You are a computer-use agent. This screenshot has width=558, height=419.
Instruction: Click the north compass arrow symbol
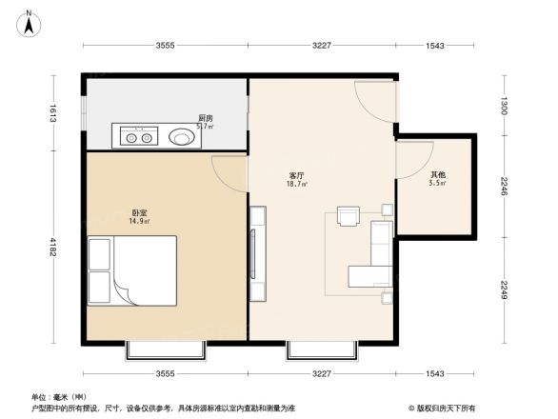pyautogui.click(x=29, y=22)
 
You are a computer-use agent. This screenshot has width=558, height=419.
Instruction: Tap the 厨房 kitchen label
pyautogui.click(x=205, y=118)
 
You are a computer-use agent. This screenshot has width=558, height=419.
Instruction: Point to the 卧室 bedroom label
pyautogui.click(x=139, y=212)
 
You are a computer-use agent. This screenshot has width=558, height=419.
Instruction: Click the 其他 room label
pyautogui.click(x=437, y=174)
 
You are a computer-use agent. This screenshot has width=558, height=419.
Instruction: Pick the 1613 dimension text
pyautogui.click(x=55, y=113)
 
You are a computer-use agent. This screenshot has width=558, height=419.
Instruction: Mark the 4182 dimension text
pyautogui.click(x=55, y=249)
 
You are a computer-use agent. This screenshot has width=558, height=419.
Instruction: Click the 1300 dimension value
pyautogui.click(x=504, y=103)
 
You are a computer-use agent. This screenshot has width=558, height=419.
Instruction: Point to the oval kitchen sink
pyautogui.click(x=184, y=137)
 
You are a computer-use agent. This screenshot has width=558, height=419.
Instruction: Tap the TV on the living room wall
pyautogui.click(x=255, y=251)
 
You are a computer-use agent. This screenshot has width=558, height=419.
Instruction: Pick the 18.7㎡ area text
pyautogui.click(x=296, y=185)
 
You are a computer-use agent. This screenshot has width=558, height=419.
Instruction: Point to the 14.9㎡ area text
pyautogui.click(x=139, y=221)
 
